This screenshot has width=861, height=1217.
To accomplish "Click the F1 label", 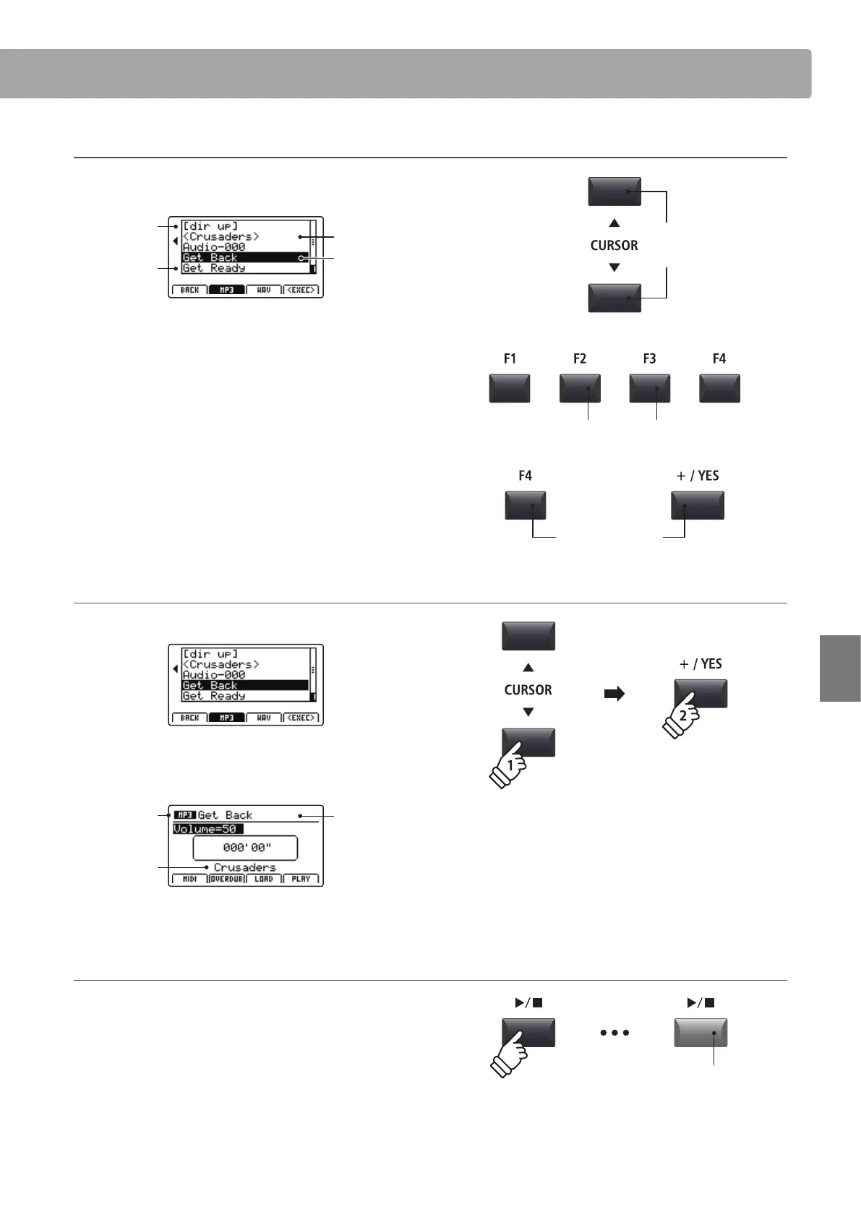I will point(510,358).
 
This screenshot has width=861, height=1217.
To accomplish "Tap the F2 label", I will point(580,358).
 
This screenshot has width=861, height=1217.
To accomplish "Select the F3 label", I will point(649,358).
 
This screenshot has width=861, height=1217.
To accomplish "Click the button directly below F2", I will point(580,388).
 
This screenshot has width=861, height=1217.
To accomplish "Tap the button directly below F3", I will point(649,388).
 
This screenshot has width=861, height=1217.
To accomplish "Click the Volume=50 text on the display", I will point(208,829).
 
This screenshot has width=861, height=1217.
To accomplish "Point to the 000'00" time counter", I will point(245,848).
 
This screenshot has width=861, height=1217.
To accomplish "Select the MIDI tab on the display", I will point(189,879).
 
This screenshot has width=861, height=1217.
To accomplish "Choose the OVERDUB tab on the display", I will point(227,879).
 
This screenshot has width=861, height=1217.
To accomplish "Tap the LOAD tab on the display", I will point(264,879).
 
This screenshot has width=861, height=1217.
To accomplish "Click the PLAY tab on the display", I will point(301,879).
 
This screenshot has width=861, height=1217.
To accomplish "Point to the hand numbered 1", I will point(509,769).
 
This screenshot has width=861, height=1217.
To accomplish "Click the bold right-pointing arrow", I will point(614,694).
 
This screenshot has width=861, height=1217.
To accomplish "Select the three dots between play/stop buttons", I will point(614,1033).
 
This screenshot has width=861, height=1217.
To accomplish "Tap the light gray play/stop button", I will point(700,1033).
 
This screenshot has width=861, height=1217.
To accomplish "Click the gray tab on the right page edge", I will point(840,668).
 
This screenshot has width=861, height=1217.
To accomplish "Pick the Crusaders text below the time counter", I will point(244,867).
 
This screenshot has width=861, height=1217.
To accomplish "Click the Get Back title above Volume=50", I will point(225,815).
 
